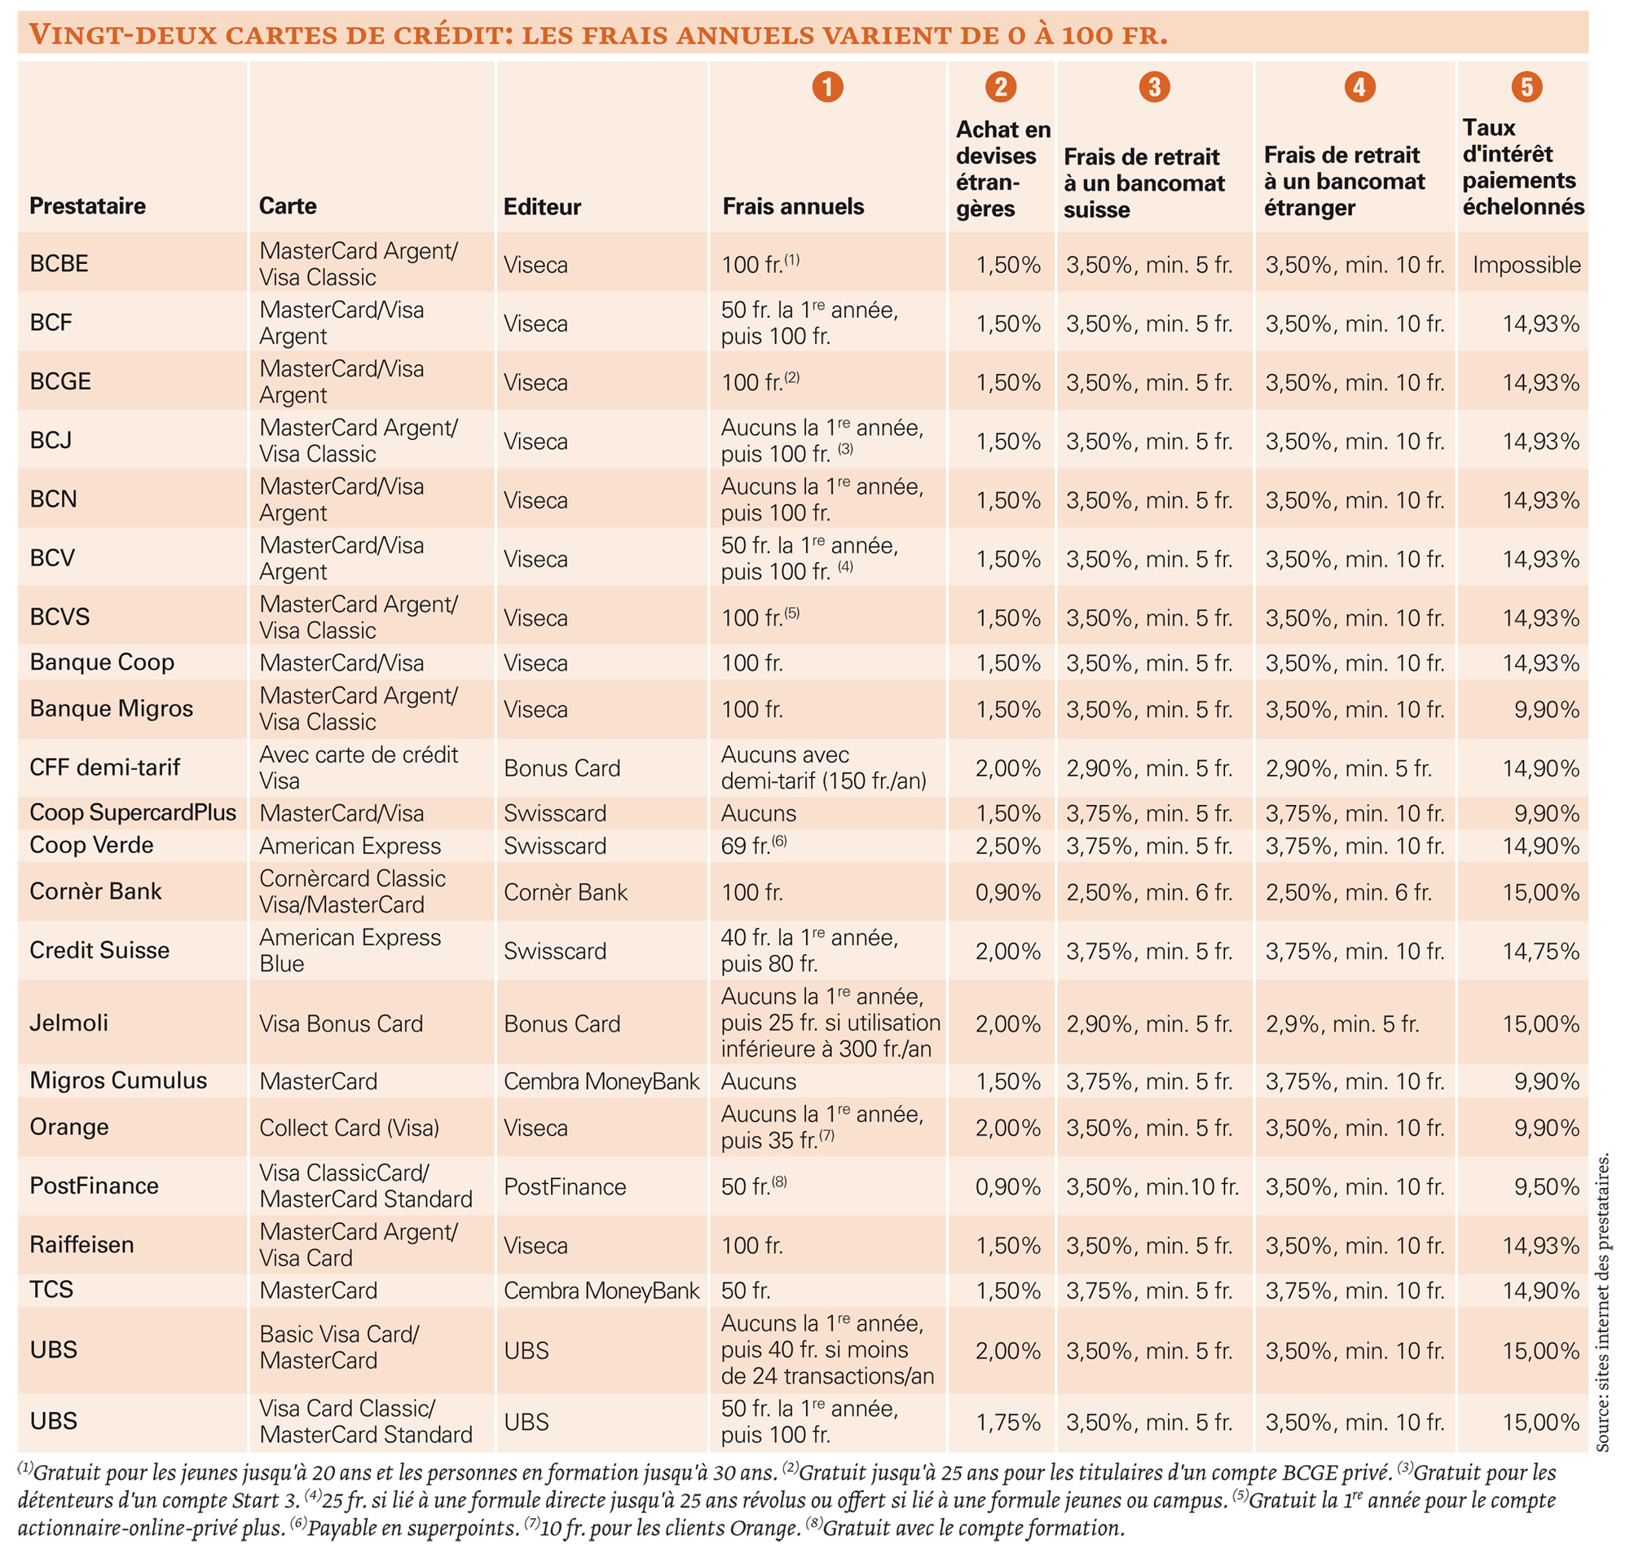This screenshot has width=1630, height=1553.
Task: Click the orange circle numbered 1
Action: click(827, 86)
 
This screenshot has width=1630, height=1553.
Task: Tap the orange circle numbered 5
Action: click(1526, 86)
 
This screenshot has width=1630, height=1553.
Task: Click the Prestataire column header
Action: click(88, 205)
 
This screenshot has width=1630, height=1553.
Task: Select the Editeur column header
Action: click(542, 206)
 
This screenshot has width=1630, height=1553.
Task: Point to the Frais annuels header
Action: click(793, 206)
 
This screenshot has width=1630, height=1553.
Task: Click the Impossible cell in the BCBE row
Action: click(1526, 265)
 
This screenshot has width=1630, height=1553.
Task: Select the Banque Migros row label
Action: click(111, 709)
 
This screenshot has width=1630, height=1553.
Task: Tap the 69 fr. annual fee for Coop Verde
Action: click(754, 845)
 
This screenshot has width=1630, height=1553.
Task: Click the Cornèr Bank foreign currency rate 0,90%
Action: click(1007, 892)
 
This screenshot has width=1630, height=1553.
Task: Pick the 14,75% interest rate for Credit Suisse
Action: click(1540, 951)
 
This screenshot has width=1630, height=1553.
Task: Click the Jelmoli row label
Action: click(68, 1023)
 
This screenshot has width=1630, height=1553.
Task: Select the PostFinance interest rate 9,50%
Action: click(1546, 1186)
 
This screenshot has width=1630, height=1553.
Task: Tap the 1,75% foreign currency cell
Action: click(1007, 1422)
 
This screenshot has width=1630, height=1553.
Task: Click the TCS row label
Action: click(51, 1290)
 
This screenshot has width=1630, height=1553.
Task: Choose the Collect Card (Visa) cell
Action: click(349, 1128)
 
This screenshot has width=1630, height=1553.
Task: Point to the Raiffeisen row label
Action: click(81, 1244)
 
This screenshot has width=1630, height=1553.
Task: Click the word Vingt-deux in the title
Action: click(122, 35)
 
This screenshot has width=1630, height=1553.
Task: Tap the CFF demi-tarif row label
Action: click(104, 768)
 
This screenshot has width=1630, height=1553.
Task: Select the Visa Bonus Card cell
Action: click(341, 1023)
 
